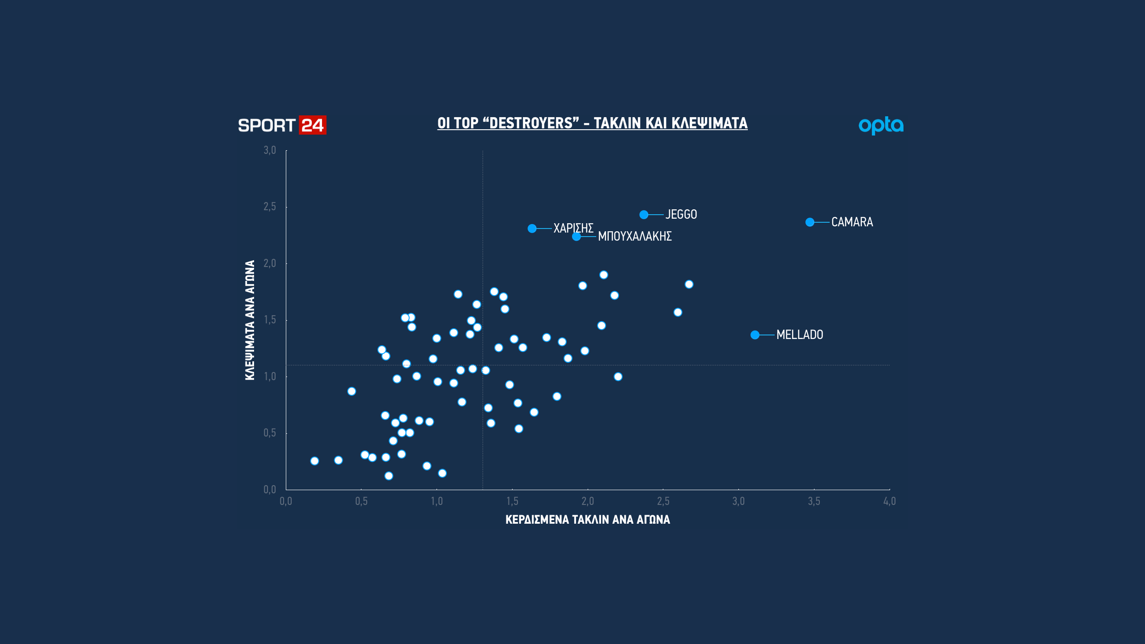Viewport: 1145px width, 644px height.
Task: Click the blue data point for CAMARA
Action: tap(810, 222)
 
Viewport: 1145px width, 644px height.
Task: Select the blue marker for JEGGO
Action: tap(644, 215)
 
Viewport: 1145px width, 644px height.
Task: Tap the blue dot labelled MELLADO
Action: tap(755, 335)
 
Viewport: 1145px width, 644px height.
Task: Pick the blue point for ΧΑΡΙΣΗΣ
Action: tap(532, 229)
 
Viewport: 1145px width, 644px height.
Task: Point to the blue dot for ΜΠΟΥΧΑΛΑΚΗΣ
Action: tap(577, 237)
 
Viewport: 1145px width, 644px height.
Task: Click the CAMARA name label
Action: tap(852, 222)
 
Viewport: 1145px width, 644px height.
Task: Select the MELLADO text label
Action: tap(800, 335)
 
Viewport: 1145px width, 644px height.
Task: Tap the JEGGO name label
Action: tap(681, 215)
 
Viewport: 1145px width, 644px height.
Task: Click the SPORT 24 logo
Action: tap(282, 125)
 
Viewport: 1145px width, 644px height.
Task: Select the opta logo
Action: tap(881, 126)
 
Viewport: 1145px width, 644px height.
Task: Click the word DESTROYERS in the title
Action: tap(531, 123)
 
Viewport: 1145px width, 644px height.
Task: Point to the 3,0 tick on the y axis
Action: tap(270, 150)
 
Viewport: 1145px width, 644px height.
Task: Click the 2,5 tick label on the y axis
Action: tap(270, 207)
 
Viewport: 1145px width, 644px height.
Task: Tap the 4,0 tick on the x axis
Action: tap(889, 501)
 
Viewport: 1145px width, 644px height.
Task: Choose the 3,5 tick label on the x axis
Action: tap(814, 501)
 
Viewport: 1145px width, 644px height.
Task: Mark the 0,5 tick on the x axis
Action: tap(361, 501)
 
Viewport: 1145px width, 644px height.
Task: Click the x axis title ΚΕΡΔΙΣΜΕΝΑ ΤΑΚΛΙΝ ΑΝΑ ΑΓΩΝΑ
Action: tap(588, 520)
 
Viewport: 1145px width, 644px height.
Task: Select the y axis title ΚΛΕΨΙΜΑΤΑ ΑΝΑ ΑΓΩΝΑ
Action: tap(250, 320)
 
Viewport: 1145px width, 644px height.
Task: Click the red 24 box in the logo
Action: tap(312, 125)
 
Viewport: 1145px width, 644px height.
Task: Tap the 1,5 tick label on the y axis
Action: tap(270, 320)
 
